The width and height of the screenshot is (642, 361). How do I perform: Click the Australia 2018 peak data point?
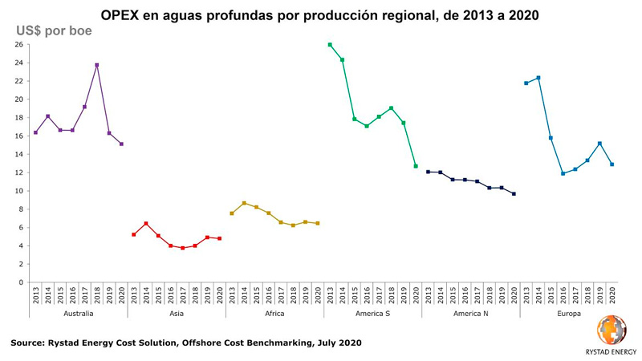[x=97, y=65]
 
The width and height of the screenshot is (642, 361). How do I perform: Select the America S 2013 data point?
[x=330, y=45]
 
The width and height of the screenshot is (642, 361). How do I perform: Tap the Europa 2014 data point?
[x=538, y=78]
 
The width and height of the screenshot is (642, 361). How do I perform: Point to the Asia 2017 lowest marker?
[x=182, y=248]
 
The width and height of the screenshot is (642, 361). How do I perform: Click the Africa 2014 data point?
[x=244, y=203]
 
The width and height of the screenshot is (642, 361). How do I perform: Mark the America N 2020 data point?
[x=514, y=194]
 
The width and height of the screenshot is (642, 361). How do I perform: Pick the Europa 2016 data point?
[x=563, y=173]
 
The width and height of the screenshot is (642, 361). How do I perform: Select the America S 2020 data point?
[x=416, y=166]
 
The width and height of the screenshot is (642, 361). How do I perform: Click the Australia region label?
[x=78, y=313]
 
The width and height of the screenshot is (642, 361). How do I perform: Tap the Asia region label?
[x=176, y=313]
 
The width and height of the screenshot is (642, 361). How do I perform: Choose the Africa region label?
[x=274, y=313]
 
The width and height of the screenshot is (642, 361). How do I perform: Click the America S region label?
[x=372, y=313]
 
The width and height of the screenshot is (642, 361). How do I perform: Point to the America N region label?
[x=470, y=313]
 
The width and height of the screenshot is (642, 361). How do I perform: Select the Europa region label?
[x=569, y=313]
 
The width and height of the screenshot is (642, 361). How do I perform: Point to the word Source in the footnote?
[x=29, y=343]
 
